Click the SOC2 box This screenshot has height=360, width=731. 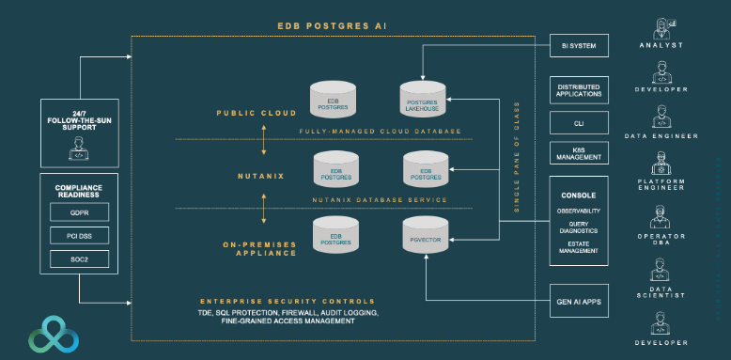[x=79, y=258]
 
